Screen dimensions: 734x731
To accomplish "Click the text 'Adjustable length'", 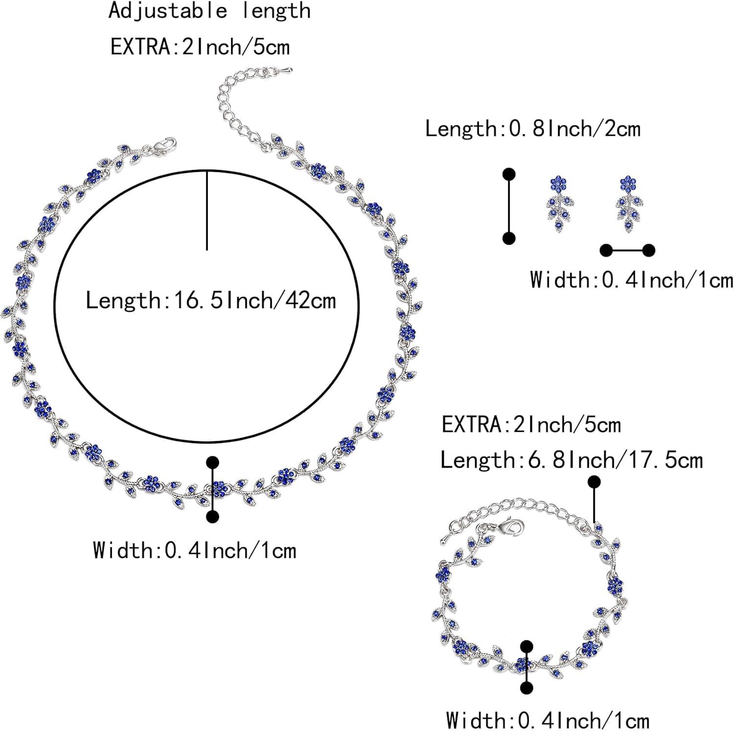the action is pyautogui.click(x=209, y=11).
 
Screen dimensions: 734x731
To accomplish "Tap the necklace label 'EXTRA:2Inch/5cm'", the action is pyautogui.click(x=200, y=47).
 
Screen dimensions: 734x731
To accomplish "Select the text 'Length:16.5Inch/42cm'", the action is pyautogui.click(x=211, y=299).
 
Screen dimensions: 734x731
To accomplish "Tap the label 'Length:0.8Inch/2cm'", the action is pyautogui.click(x=532, y=129).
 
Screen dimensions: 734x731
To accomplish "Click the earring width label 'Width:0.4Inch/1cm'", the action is pyautogui.click(x=631, y=280).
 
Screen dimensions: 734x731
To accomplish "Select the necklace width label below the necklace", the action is pyautogui.click(x=195, y=550).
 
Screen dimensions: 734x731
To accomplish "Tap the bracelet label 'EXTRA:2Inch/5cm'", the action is pyautogui.click(x=531, y=424).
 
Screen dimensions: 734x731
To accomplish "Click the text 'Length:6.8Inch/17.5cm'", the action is pyautogui.click(x=572, y=460).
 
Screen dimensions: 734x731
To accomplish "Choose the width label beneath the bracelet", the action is pyautogui.click(x=548, y=720).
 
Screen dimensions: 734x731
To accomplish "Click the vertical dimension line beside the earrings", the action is pyautogui.click(x=509, y=206).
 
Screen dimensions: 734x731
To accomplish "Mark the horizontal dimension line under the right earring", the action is pyautogui.click(x=628, y=251).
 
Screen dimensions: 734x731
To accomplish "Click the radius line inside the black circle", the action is pyautogui.click(x=207, y=210).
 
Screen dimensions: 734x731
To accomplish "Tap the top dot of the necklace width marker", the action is pyautogui.click(x=212, y=462).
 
